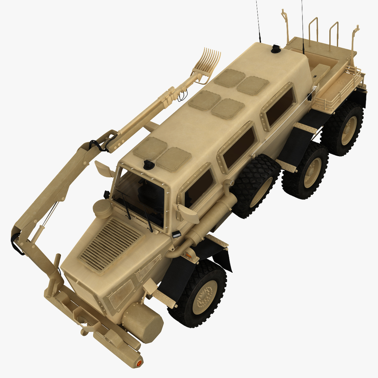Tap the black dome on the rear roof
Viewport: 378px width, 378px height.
[x=276, y=49]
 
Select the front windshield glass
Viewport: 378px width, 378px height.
[x=140, y=199]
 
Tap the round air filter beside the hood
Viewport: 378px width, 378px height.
[x=102, y=209]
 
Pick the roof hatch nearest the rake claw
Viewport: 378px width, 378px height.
[x=229, y=78]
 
